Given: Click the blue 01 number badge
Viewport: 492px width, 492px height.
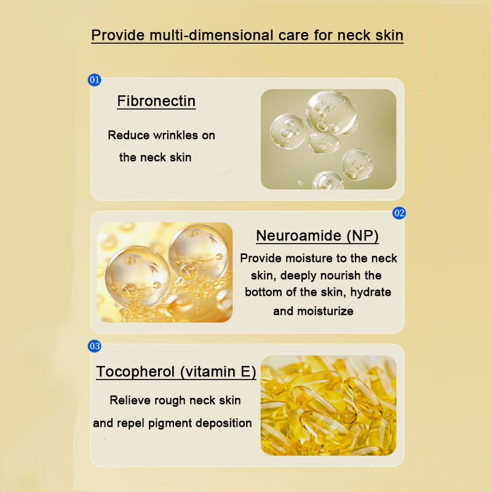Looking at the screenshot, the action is coord(95,80).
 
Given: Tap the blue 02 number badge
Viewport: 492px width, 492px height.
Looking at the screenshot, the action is coord(399,213).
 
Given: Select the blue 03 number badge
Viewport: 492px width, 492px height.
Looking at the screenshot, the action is coord(95,346).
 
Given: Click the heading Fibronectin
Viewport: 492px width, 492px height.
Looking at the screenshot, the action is coord(156,101).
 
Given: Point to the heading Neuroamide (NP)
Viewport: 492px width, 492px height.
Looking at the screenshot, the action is coord(317,236).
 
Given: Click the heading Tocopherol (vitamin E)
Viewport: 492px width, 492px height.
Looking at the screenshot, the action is coord(176,371).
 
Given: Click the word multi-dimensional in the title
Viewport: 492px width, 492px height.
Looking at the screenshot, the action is coord(212,35).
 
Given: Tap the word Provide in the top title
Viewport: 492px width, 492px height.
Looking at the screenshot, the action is coord(118,35).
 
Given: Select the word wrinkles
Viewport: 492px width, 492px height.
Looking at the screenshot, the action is coord(175,135).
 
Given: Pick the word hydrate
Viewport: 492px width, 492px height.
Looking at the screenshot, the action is coord(371,293).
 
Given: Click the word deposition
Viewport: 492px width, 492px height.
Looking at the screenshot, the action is coord(223,424).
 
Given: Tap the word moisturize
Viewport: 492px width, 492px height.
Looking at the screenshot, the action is coord(325,311).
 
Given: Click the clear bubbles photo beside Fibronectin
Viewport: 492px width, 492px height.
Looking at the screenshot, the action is coord(328,139).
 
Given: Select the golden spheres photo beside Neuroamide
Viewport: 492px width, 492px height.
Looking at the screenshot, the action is coord(165,272).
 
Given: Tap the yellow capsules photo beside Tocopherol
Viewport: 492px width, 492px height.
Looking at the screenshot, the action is coord(328,405).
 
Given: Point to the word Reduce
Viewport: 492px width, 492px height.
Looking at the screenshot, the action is coord(129,135).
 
